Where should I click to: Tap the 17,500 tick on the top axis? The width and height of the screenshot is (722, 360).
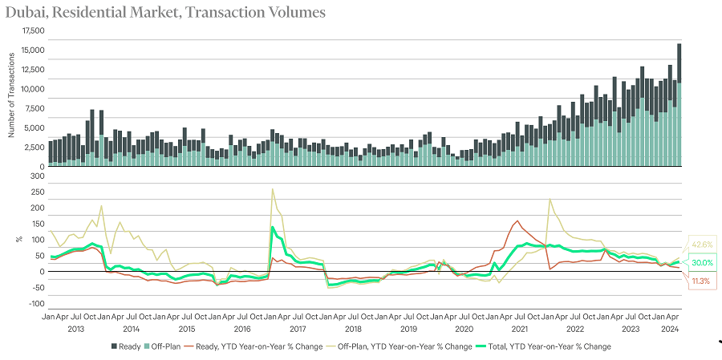[x=34, y=30]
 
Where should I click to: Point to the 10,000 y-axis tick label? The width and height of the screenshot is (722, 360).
[x=34, y=89]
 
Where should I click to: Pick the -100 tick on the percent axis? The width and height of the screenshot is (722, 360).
[x=36, y=304]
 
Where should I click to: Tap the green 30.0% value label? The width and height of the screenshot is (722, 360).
[x=701, y=263]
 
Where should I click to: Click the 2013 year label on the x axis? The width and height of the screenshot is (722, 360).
[x=76, y=329]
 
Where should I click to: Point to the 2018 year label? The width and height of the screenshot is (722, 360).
[x=353, y=329]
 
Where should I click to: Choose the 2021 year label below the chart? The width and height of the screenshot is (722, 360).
[x=519, y=329]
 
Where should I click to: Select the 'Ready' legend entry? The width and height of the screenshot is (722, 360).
[x=127, y=346]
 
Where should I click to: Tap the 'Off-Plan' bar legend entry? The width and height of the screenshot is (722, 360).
[x=164, y=346]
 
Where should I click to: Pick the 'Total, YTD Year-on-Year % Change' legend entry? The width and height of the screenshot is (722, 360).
[x=554, y=346]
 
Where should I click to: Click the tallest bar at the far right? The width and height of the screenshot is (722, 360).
[x=679, y=104]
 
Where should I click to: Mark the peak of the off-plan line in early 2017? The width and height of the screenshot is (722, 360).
[x=273, y=189]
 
